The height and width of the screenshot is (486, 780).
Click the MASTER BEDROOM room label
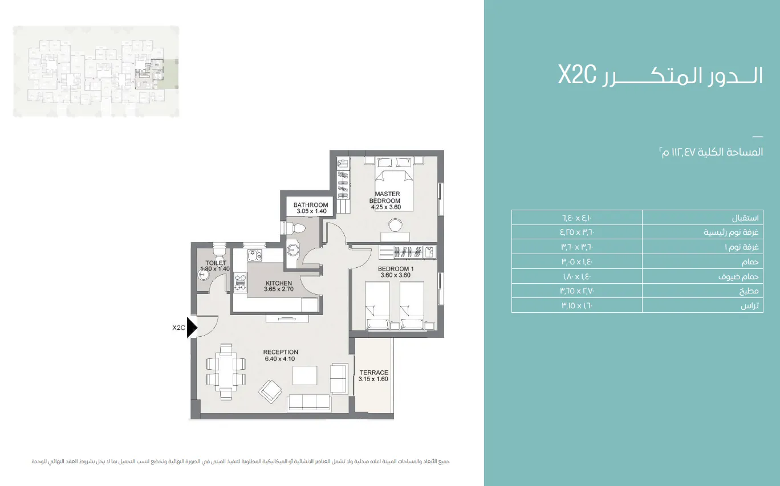point(387,197)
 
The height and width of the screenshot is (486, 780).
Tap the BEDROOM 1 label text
point(395,269)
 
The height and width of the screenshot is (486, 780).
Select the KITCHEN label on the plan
point(278,283)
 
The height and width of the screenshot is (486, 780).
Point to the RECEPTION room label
point(281,352)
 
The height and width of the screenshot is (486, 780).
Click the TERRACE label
point(373,373)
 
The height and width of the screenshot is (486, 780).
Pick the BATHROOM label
point(311,205)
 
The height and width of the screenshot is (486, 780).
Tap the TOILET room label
point(216,263)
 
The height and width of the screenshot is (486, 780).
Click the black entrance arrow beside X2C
point(192,328)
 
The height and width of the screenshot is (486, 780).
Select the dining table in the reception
point(226,371)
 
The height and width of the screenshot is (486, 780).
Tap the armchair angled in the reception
point(270,390)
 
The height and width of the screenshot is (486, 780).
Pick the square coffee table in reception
point(304,375)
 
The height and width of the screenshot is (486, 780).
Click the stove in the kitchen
point(240,280)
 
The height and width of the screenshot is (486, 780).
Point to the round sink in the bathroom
point(294,250)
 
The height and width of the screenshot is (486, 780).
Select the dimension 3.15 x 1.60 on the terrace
point(373,379)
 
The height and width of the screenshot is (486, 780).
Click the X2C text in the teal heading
point(577,75)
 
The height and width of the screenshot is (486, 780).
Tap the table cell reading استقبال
point(702,218)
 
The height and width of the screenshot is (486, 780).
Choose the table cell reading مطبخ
point(702,291)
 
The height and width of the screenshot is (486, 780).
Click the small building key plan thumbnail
point(96,71)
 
